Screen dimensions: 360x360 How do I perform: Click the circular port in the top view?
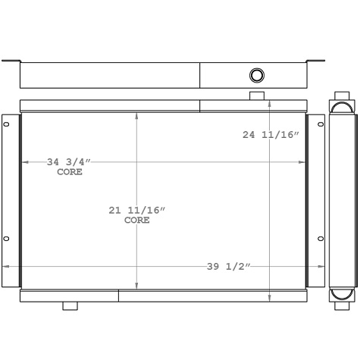click(x=257, y=75)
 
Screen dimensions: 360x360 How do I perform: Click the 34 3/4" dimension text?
click(x=69, y=161)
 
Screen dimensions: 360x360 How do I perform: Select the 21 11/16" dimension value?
click(x=136, y=210)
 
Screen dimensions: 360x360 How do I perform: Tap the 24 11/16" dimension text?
click(x=271, y=135)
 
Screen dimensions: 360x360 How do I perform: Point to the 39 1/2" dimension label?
click(x=228, y=266)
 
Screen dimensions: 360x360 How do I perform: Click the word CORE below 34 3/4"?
click(x=70, y=172)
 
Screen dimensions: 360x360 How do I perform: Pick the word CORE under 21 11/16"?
click(x=136, y=221)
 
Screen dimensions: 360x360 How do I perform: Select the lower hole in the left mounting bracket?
click(x=7, y=239)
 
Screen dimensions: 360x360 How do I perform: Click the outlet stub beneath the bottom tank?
click(x=70, y=305)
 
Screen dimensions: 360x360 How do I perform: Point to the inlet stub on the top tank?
click(x=257, y=95)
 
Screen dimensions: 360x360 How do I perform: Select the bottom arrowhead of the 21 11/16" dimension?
click(x=136, y=284)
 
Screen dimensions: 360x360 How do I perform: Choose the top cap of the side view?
click(x=342, y=105)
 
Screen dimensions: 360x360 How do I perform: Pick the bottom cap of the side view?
click(x=342, y=295)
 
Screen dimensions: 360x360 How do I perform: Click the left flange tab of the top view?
click(x=11, y=61)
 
